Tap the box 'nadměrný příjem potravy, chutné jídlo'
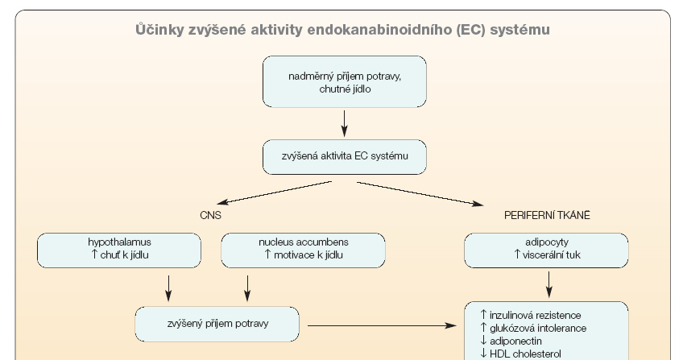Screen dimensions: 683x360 click(x=345, y=82)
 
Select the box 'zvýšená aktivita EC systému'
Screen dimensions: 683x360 click(x=345, y=157)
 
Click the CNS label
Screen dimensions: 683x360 click(x=210, y=215)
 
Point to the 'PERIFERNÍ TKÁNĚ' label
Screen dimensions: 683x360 click(x=547, y=215)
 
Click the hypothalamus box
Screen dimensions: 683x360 click(x=119, y=250)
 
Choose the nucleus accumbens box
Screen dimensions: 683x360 click(x=303, y=250)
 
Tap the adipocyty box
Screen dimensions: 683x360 click(x=546, y=250)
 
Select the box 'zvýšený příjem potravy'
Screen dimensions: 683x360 click(x=217, y=324)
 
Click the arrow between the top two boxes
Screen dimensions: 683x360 click(x=344, y=123)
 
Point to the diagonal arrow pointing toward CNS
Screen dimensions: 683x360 click(x=275, y=192)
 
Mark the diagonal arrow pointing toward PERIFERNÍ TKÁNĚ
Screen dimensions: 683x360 click(x=420, y=193)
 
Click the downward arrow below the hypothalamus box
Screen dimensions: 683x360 click(x=168, y=288)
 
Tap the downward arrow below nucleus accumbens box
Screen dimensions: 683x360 click(x=247, y=288)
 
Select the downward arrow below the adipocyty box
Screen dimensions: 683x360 click(x=548, y=284)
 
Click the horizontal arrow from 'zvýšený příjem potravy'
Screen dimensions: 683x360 click(x=382, y=325)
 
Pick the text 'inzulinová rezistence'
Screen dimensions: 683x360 click(x=536, y=315)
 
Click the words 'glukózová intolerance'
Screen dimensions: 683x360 click(x=538, y=329)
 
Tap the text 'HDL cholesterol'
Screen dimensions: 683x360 click(x=525, y=354)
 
